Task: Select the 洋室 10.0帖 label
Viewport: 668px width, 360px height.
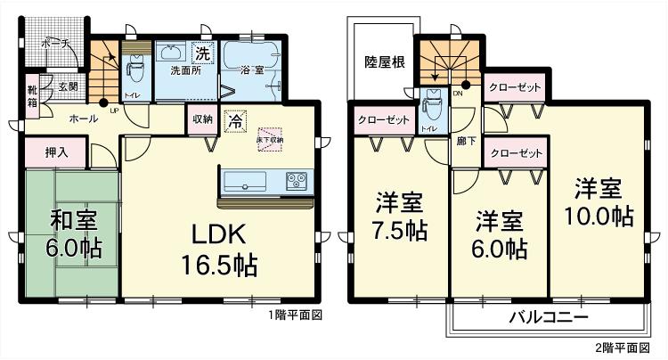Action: (596, 202)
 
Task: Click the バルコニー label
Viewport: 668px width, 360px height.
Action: (548, 317)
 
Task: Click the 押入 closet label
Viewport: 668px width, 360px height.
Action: (57, 151)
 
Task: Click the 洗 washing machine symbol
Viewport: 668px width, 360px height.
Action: (203, 53)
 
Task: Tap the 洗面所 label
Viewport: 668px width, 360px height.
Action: (184, 70)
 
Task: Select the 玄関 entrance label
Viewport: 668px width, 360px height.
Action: (68, 87)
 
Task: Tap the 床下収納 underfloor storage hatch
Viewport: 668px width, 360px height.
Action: (271, 135)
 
